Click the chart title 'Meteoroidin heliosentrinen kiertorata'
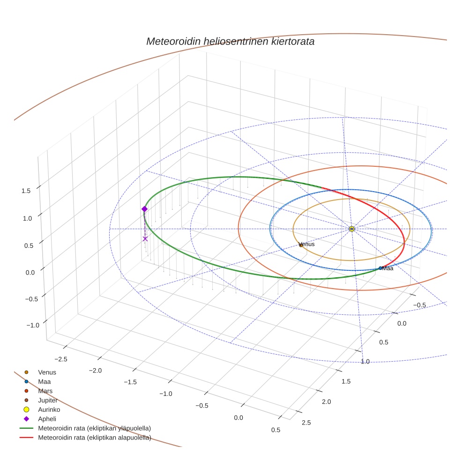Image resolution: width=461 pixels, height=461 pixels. pos(230,41)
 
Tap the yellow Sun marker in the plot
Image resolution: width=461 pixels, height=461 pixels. pos(352,229)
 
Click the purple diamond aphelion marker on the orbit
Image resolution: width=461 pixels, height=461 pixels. pos(144,209)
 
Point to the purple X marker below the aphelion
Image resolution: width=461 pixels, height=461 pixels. pos(145,238)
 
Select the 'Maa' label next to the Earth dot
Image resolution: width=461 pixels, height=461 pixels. pos(387,268)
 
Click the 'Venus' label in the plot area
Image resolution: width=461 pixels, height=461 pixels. pos(306,244)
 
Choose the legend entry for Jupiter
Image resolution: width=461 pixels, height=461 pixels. pos(48,400)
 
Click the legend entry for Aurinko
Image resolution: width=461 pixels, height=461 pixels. pos(49,409)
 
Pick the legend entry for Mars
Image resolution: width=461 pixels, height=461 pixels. pos(45,391)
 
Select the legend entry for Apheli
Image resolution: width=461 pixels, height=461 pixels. pos(47,419)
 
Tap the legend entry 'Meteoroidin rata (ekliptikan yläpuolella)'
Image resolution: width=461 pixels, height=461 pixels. pos(94,428)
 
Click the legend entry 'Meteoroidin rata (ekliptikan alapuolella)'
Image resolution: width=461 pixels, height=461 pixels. pos(94,438)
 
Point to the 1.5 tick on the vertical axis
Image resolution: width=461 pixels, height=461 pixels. pos(26,191)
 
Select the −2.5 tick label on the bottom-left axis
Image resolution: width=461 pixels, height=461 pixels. pos(60,359)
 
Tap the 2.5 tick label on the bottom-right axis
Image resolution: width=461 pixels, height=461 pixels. pos(306,423)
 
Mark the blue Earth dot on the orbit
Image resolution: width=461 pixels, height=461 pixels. pos(380,268)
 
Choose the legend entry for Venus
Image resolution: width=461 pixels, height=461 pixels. pos(47,372)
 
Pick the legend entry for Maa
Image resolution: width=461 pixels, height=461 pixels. pos(45,381)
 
